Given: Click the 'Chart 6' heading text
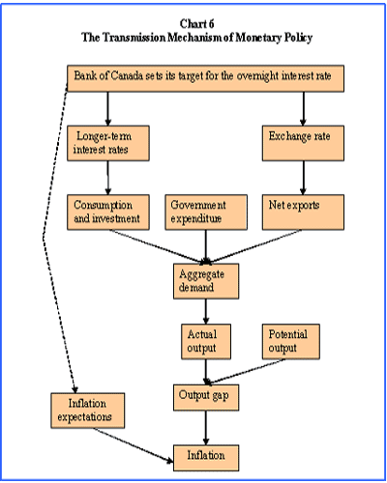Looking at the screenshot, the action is [196, 24].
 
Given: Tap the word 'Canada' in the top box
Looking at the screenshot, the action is [127, 76].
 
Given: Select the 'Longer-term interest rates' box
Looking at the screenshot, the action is [108, 143].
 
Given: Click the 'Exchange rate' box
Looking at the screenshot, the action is [303, 143].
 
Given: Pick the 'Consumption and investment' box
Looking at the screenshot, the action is [108, 213].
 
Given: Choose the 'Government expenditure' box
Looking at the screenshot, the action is [206, 213].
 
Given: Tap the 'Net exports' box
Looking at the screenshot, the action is [303, 213].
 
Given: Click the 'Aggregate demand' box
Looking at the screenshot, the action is [206, 281].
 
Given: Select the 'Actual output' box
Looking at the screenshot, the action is [206, 341].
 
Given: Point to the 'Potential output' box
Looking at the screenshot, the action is [291, 341].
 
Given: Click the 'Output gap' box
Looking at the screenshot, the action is [206, 397].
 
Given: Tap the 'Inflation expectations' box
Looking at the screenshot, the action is [88, 411].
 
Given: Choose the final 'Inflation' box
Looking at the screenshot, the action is [206, 458].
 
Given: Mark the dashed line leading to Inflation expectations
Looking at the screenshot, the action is [43, 239].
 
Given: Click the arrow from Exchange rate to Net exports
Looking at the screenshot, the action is [303, 178].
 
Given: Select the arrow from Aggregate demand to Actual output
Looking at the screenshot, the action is [206, 311].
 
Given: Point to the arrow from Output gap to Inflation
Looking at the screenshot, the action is [206, 428].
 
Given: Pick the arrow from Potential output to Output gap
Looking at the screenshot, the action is [246, 371].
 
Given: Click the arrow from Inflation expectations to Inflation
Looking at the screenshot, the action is [134, 445].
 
